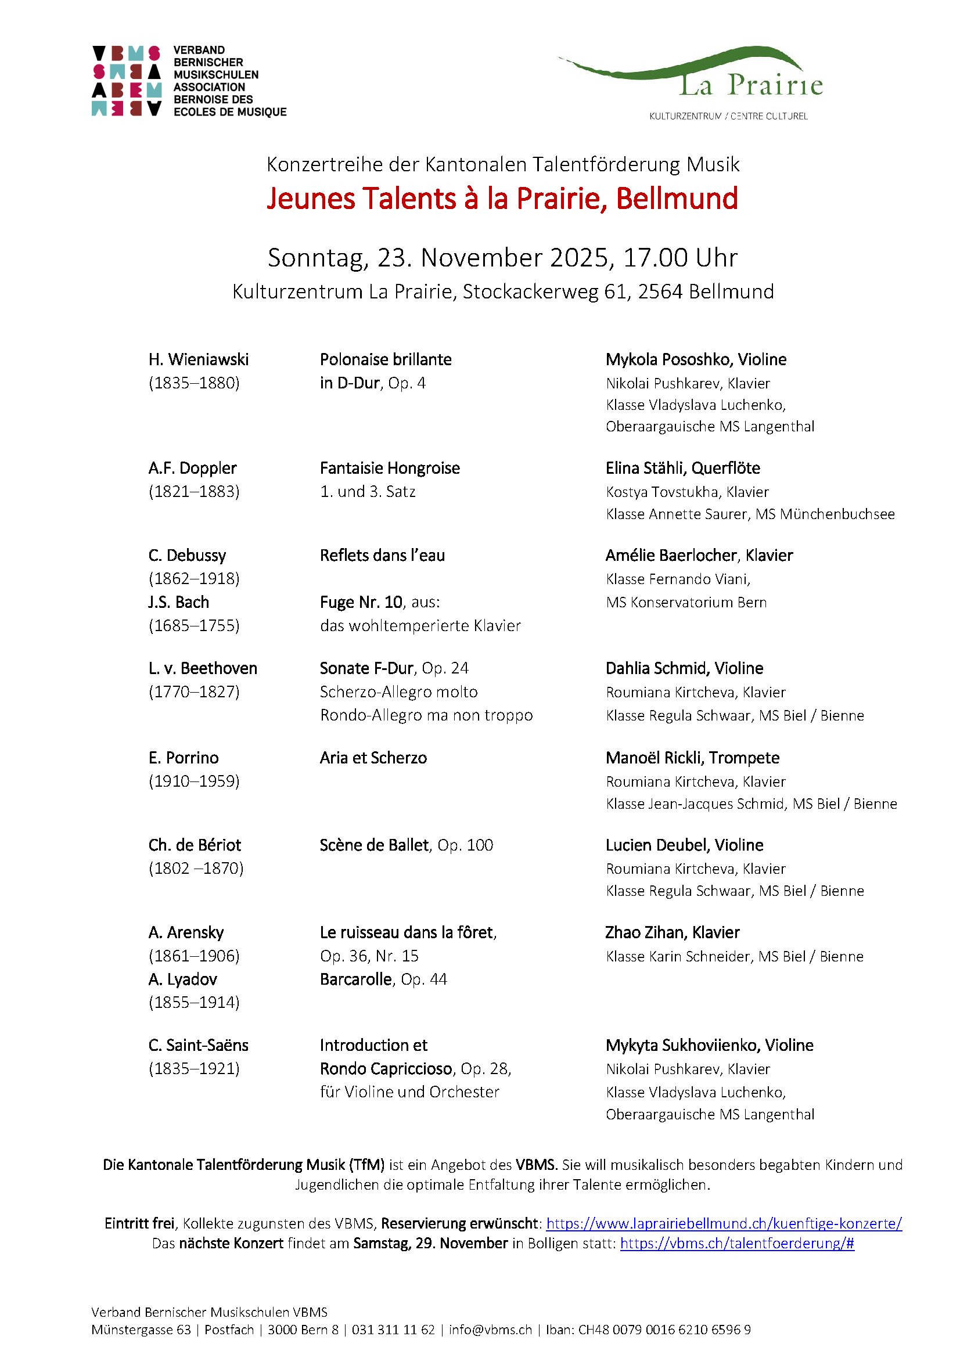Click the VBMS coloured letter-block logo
click(127, 81)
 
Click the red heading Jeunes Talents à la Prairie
click(502, 199)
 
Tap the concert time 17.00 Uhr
click(680, 258)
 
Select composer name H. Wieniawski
click(198, 359)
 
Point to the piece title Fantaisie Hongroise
click(389, 469)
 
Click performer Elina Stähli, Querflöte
click(682, 469)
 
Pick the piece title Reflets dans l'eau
click(382, 556)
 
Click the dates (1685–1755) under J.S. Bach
click(194, 626)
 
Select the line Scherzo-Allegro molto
click(398, 692)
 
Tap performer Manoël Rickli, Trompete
click(692, 758)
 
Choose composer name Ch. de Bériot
click(195, 845)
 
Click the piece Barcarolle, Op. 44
click(383, 979)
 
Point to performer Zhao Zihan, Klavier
click(672, 933)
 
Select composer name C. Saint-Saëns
click(198, 1045)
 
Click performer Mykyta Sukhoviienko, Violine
click(709, 1045)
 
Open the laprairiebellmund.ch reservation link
click(724, 1223)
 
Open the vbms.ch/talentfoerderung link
click(736, 1243)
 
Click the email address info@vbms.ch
click(490, 1330)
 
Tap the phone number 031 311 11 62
click(393, 1330)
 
